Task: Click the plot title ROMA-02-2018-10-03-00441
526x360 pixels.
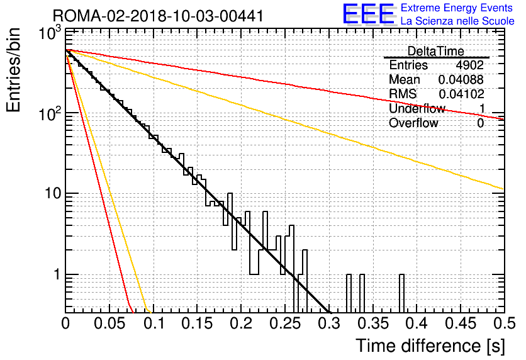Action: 158,16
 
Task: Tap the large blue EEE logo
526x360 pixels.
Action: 368,14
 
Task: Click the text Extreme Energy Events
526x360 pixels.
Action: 457,8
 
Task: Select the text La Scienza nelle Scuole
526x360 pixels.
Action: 457,21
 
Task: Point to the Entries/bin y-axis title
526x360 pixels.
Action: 13,70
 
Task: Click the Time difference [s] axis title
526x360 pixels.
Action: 430,346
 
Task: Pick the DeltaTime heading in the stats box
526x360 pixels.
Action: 435,51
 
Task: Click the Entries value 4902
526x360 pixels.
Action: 469,65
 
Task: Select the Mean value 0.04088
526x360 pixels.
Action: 461,79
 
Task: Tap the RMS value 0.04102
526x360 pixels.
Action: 461,94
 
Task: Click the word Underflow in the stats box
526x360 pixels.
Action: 417,108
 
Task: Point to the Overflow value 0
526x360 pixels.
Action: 480,123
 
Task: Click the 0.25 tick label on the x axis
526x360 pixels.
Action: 285,323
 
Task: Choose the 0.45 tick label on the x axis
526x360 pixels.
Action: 461,323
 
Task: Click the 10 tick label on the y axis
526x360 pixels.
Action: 52,194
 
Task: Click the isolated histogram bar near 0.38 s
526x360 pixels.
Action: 401,293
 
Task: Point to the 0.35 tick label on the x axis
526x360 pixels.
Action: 372,323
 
